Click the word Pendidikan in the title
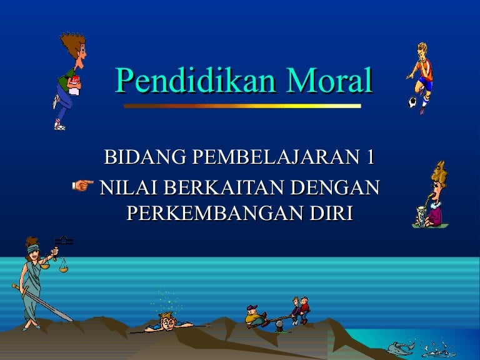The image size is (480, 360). (195, 80)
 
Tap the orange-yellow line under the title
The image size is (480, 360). (242, 106)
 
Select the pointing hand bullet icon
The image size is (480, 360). (83, 185)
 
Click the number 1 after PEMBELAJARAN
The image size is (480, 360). (370, 157)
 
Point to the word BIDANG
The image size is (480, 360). (145, 157)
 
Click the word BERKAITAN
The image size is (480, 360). (224, 187)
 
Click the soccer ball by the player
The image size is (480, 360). (412, 102)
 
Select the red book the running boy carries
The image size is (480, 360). (76, 80)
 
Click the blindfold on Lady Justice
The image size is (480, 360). (33, 249)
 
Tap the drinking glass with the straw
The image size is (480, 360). (422, 216)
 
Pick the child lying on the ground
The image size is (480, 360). (169, 323)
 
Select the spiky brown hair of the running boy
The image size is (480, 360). (72, 44)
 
